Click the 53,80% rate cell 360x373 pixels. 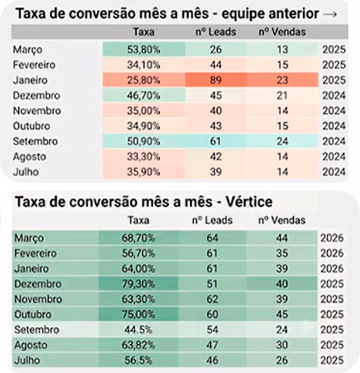click(x=143, y=49)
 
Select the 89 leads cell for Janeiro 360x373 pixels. click(x=215, y=80)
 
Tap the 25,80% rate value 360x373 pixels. click(x=143, y=80)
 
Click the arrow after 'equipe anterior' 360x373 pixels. click(x=330, y=14)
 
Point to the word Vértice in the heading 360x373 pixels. click(x=249, y=201)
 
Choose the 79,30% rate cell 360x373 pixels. click(x=138, y=284)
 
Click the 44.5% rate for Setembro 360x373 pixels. click(x=138, y=330)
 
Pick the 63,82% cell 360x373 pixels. click(x=138, y=345)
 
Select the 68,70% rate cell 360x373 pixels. click(x=138, y=238)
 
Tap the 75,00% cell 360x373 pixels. click(x=138, y=314)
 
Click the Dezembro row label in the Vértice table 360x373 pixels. click(x=38, y=284)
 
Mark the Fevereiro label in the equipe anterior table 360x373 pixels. click(x=34, y=64)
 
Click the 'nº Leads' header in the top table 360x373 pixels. click(x=215, y=32)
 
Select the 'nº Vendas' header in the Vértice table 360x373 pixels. click(x=282, y=220)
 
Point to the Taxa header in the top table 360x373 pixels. click(x=143, y=32)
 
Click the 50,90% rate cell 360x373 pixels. click(x=143, y=141)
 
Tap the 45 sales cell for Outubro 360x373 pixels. click(x=282, y=314)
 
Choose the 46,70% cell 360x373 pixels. click(x=143, y=95)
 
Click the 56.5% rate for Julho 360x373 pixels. click(x=138, y=360)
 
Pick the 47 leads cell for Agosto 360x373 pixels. click(x=212, y=345)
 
